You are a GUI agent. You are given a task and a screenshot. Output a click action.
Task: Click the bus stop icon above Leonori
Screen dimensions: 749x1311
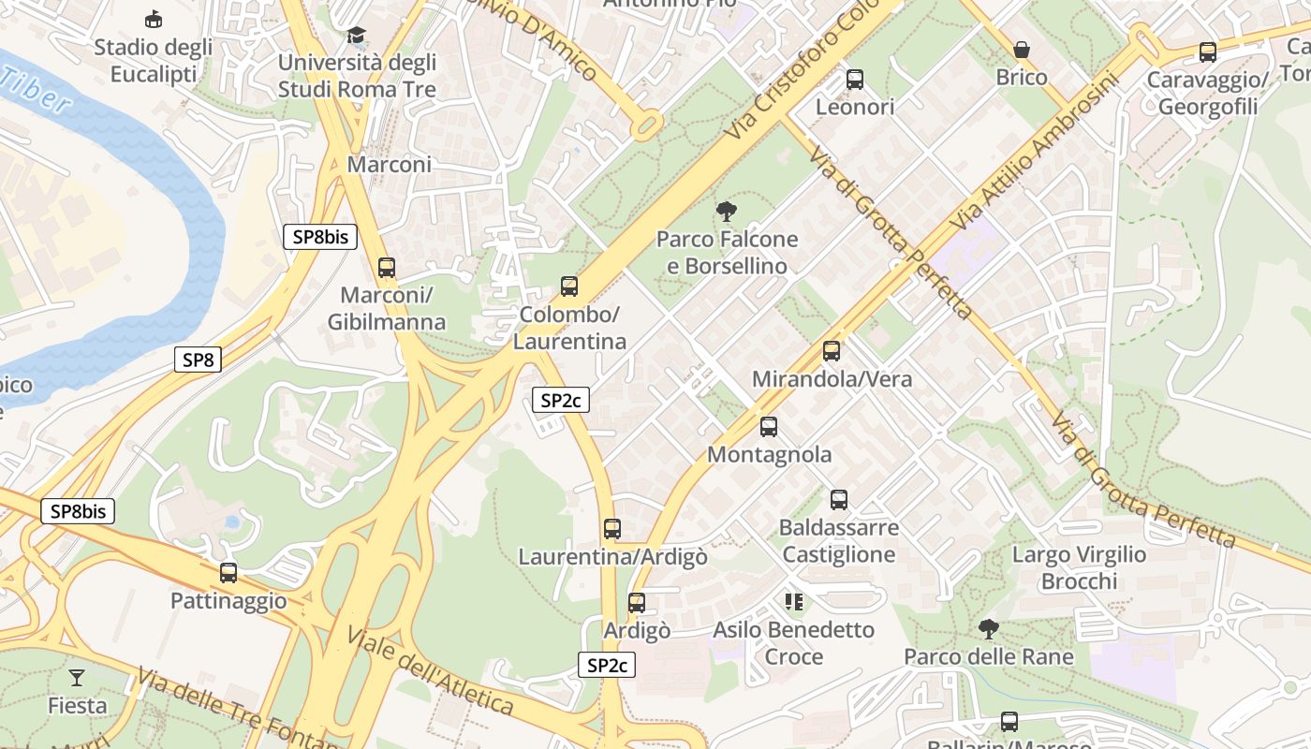click(855, 80)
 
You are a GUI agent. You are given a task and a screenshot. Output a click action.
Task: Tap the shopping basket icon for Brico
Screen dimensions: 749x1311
click(1022, 50)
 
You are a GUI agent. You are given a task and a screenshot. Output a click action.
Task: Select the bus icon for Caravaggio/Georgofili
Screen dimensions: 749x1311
click(1208, 52)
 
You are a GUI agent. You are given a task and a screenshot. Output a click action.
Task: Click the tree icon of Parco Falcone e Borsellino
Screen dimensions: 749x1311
click(726, 212)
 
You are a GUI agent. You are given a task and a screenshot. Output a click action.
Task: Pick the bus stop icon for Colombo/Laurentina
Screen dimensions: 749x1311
click(569, 286)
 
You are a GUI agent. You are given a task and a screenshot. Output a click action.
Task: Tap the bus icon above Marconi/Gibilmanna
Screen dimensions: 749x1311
click(387, 268)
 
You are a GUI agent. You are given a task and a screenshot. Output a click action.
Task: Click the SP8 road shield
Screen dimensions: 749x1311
click(198, 359)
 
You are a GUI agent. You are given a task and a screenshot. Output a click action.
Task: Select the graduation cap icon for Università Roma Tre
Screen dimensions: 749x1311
click(357, 36)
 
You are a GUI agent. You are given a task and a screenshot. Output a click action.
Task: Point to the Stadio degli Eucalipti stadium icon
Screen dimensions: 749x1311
click(153, 20)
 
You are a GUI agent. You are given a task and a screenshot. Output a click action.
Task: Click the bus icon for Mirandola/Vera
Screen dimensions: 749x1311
click(832, 351)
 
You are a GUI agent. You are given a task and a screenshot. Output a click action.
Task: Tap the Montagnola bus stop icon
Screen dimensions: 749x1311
click(769, 427)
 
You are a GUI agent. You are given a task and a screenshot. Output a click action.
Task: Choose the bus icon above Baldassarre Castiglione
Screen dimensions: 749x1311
click(839, 500)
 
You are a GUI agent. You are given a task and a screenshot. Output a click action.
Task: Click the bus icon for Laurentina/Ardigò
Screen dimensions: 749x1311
click(612, 529)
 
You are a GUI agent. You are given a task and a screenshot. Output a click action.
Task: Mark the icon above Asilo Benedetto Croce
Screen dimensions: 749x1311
click(794, 602)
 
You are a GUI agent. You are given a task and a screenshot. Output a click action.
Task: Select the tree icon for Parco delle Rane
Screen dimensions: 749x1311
click(988, 629)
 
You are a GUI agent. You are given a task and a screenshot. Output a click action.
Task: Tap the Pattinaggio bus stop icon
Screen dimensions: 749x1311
click(228, 573)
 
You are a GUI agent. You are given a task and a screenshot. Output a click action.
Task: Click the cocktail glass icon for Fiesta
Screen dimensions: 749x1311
click(77, 677)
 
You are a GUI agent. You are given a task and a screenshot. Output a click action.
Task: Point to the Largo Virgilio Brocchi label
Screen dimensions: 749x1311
click(1079, 567)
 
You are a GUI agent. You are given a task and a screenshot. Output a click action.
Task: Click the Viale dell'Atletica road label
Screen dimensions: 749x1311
click(430, 671)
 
